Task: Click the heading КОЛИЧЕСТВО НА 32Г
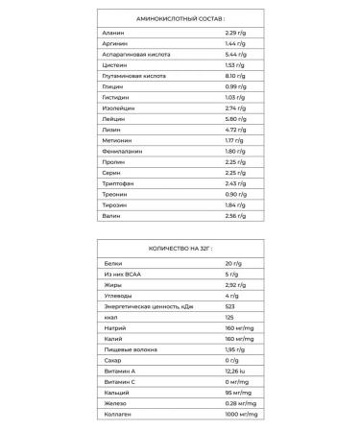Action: tap(180, 249)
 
